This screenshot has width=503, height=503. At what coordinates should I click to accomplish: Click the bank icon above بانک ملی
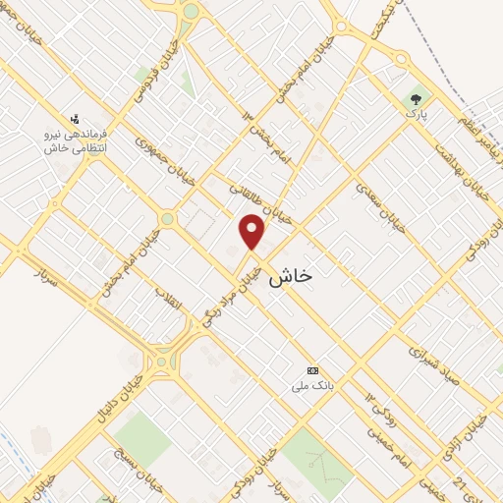[312, 370]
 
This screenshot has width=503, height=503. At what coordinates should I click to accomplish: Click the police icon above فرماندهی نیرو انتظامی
[75, 118]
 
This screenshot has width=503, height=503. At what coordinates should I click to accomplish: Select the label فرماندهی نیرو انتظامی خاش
[75, 140]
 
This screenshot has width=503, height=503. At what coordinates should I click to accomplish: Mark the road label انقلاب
[168, 302]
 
